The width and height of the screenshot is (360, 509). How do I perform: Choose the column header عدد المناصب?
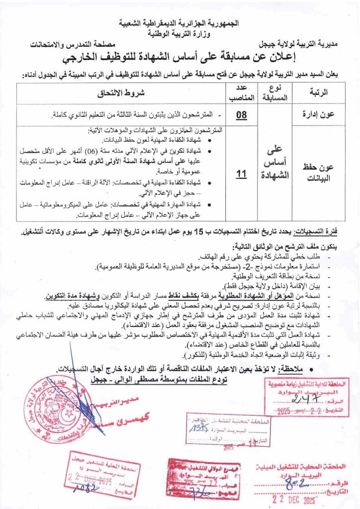point(241,92)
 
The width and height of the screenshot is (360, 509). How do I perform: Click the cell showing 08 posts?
point(241,115)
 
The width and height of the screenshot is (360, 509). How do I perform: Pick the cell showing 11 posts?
point(241,173)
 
